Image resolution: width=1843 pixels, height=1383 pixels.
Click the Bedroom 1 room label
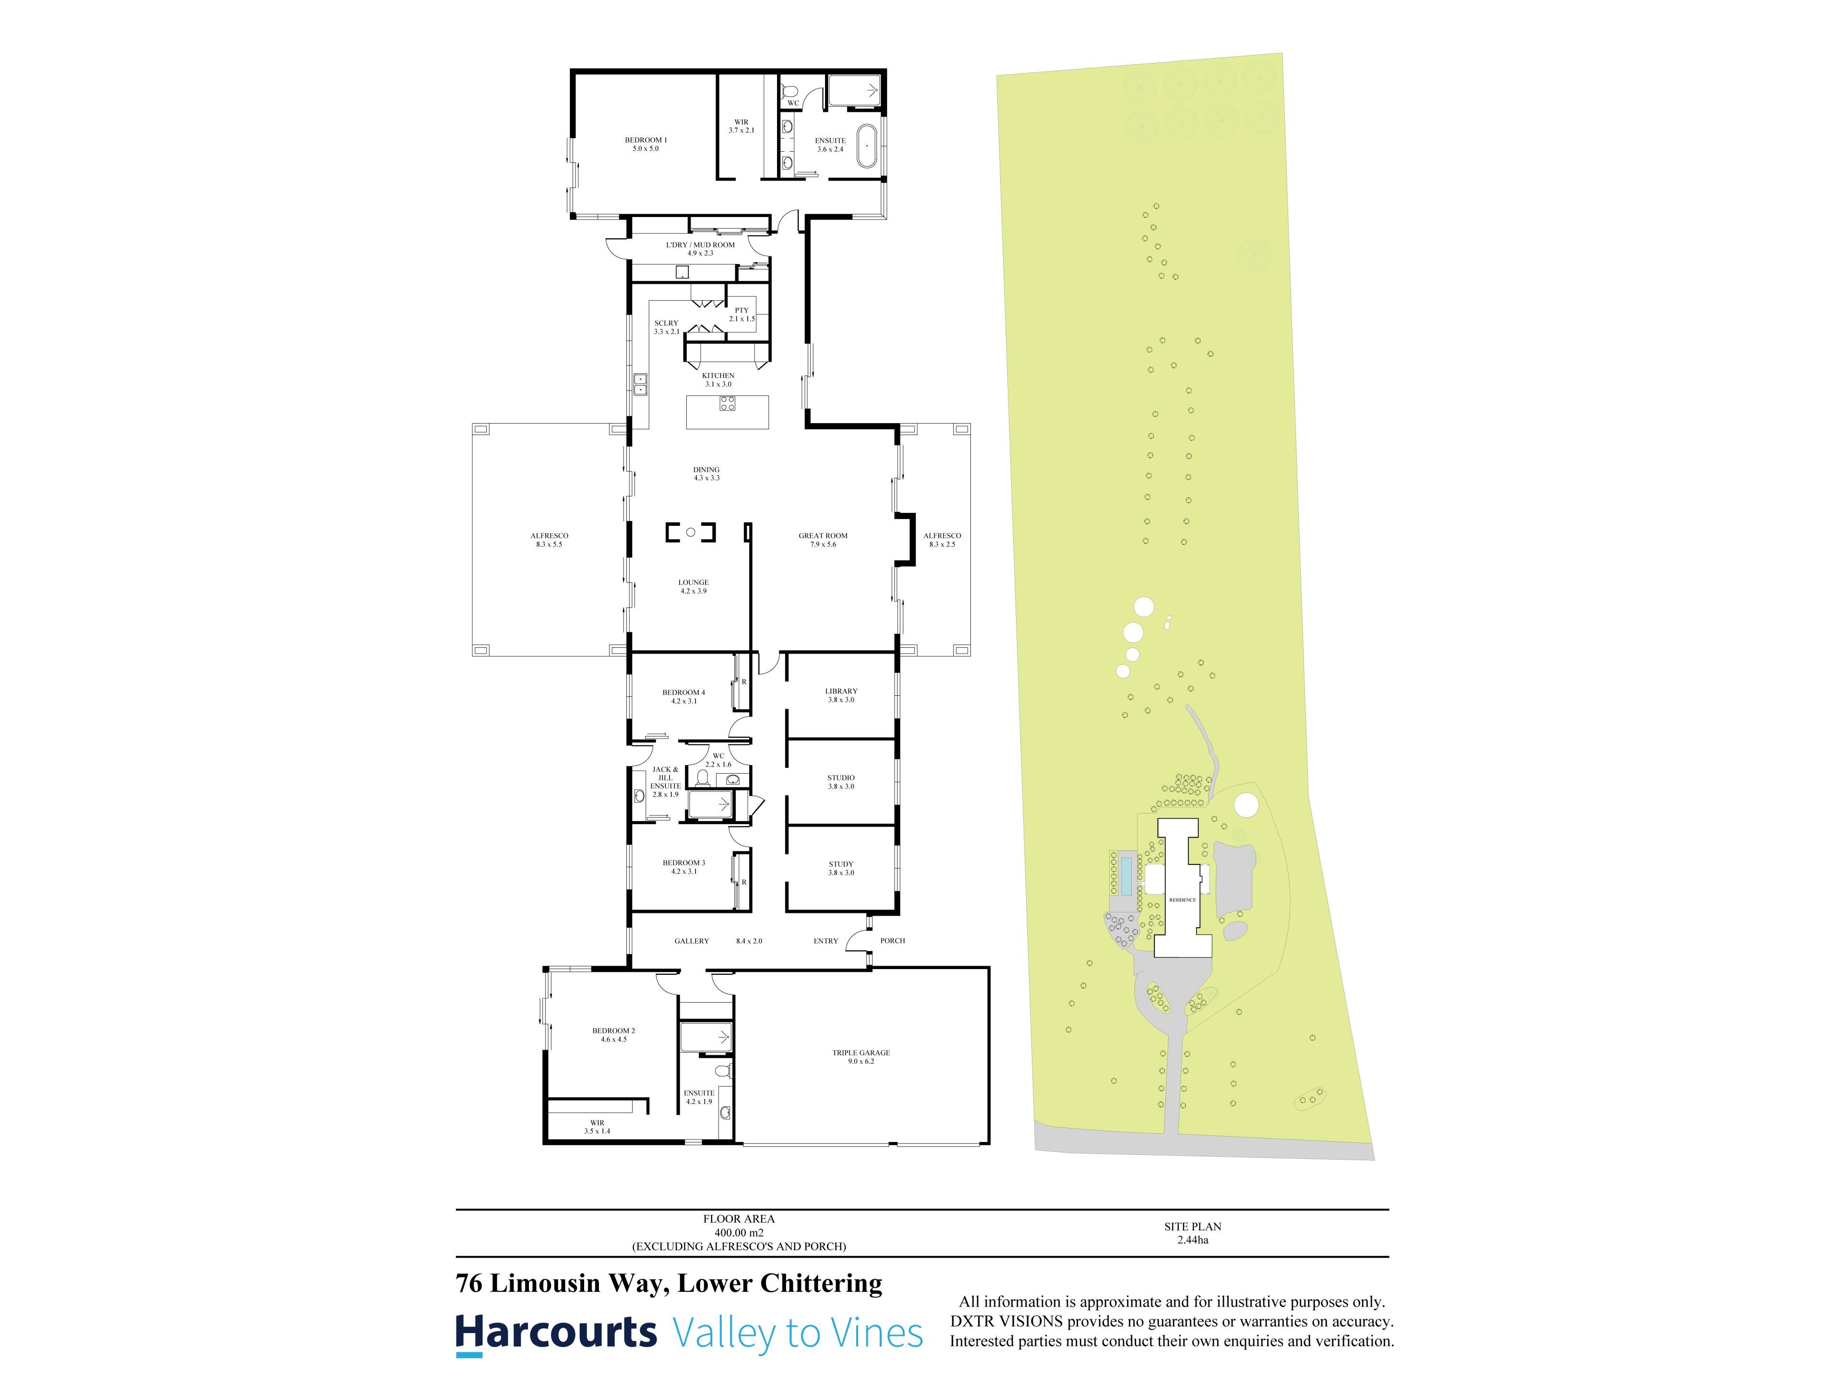(646, 144)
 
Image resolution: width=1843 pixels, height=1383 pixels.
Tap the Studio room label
(841, 782)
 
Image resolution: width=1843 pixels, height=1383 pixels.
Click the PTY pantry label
(742, 314)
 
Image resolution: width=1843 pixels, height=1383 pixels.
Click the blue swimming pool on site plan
(1125, 873)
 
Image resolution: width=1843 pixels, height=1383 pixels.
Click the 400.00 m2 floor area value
(738, 1232)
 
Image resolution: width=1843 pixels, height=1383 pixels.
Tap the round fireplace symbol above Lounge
(691, 532)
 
